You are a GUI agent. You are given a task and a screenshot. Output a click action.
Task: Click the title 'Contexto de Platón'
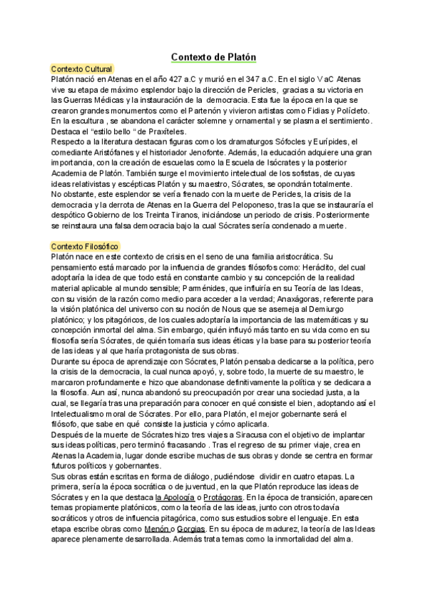[213, 56]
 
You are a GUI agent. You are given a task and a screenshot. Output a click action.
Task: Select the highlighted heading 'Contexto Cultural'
[82, 68]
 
